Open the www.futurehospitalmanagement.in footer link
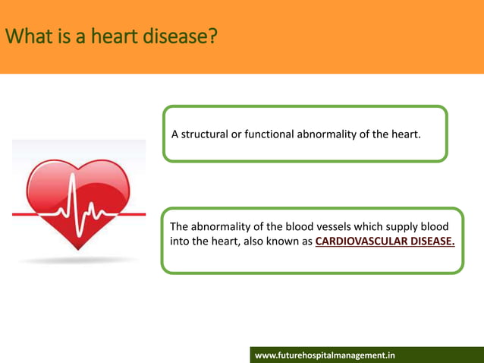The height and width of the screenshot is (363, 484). (x=325, y=355)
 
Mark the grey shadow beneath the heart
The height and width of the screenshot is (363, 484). (x=79, y=260)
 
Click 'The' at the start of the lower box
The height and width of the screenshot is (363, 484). (x=179, y=226)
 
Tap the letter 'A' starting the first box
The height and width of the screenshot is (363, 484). (x=174, y=134)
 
